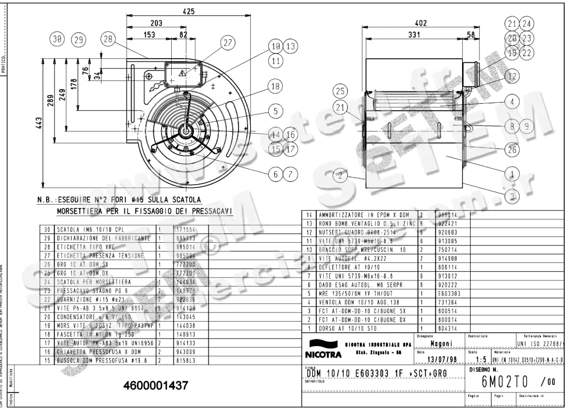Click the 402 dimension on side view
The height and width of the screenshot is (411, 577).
[421, 23]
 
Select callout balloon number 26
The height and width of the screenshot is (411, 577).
[513, 149]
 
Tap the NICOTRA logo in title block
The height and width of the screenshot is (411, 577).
[323, 350]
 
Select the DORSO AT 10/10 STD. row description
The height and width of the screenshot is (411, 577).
[349, 328]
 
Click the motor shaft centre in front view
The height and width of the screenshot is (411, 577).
[186, 130]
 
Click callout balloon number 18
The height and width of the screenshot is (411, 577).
[275, 87]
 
